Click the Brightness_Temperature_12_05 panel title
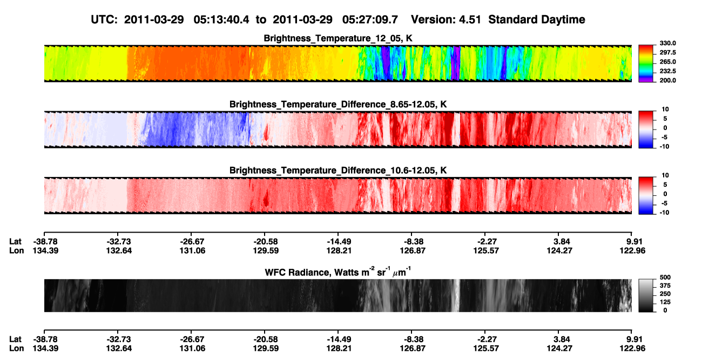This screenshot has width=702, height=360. pyautogui.click(x=338, y=38)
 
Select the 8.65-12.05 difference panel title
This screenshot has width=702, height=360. pyautogui.click(x=338, y=104)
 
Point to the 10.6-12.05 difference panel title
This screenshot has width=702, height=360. pyautogui.click(x=338, y=171)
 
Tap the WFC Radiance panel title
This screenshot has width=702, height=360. pyautogui.click(x=338, y=271)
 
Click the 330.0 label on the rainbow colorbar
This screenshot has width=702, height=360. pyautogui.click(x=667, y=43)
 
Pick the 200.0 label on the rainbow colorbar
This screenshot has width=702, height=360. pyautogui.click(x=667, y=80)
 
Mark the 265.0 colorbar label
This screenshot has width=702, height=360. pyautogui.click(x=667, y=62)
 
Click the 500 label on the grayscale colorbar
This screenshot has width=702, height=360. pyautogui.click(x=665, y=277)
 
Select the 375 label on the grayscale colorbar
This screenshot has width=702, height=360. pyautogui.click(x=665, y=286)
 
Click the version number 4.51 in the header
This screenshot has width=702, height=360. pyautogui.click(x=470, y=19)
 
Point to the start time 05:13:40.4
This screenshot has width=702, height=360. pyautogui.click(x=221, y=19)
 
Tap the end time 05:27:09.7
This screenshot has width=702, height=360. pyautogui.click(x=370, y=19)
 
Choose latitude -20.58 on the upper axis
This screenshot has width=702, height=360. pyautogui.click(x=266, y=242)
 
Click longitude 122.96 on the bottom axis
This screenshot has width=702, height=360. pyautogui.click(x=632, y=348)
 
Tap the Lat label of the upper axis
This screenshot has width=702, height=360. pyautogui.click(x=15, y=242)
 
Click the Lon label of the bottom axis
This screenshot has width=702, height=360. pyautogui.click(x=16, y=348)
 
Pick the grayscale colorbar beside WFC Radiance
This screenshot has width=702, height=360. pyautogui.click(x=646, y=295)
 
